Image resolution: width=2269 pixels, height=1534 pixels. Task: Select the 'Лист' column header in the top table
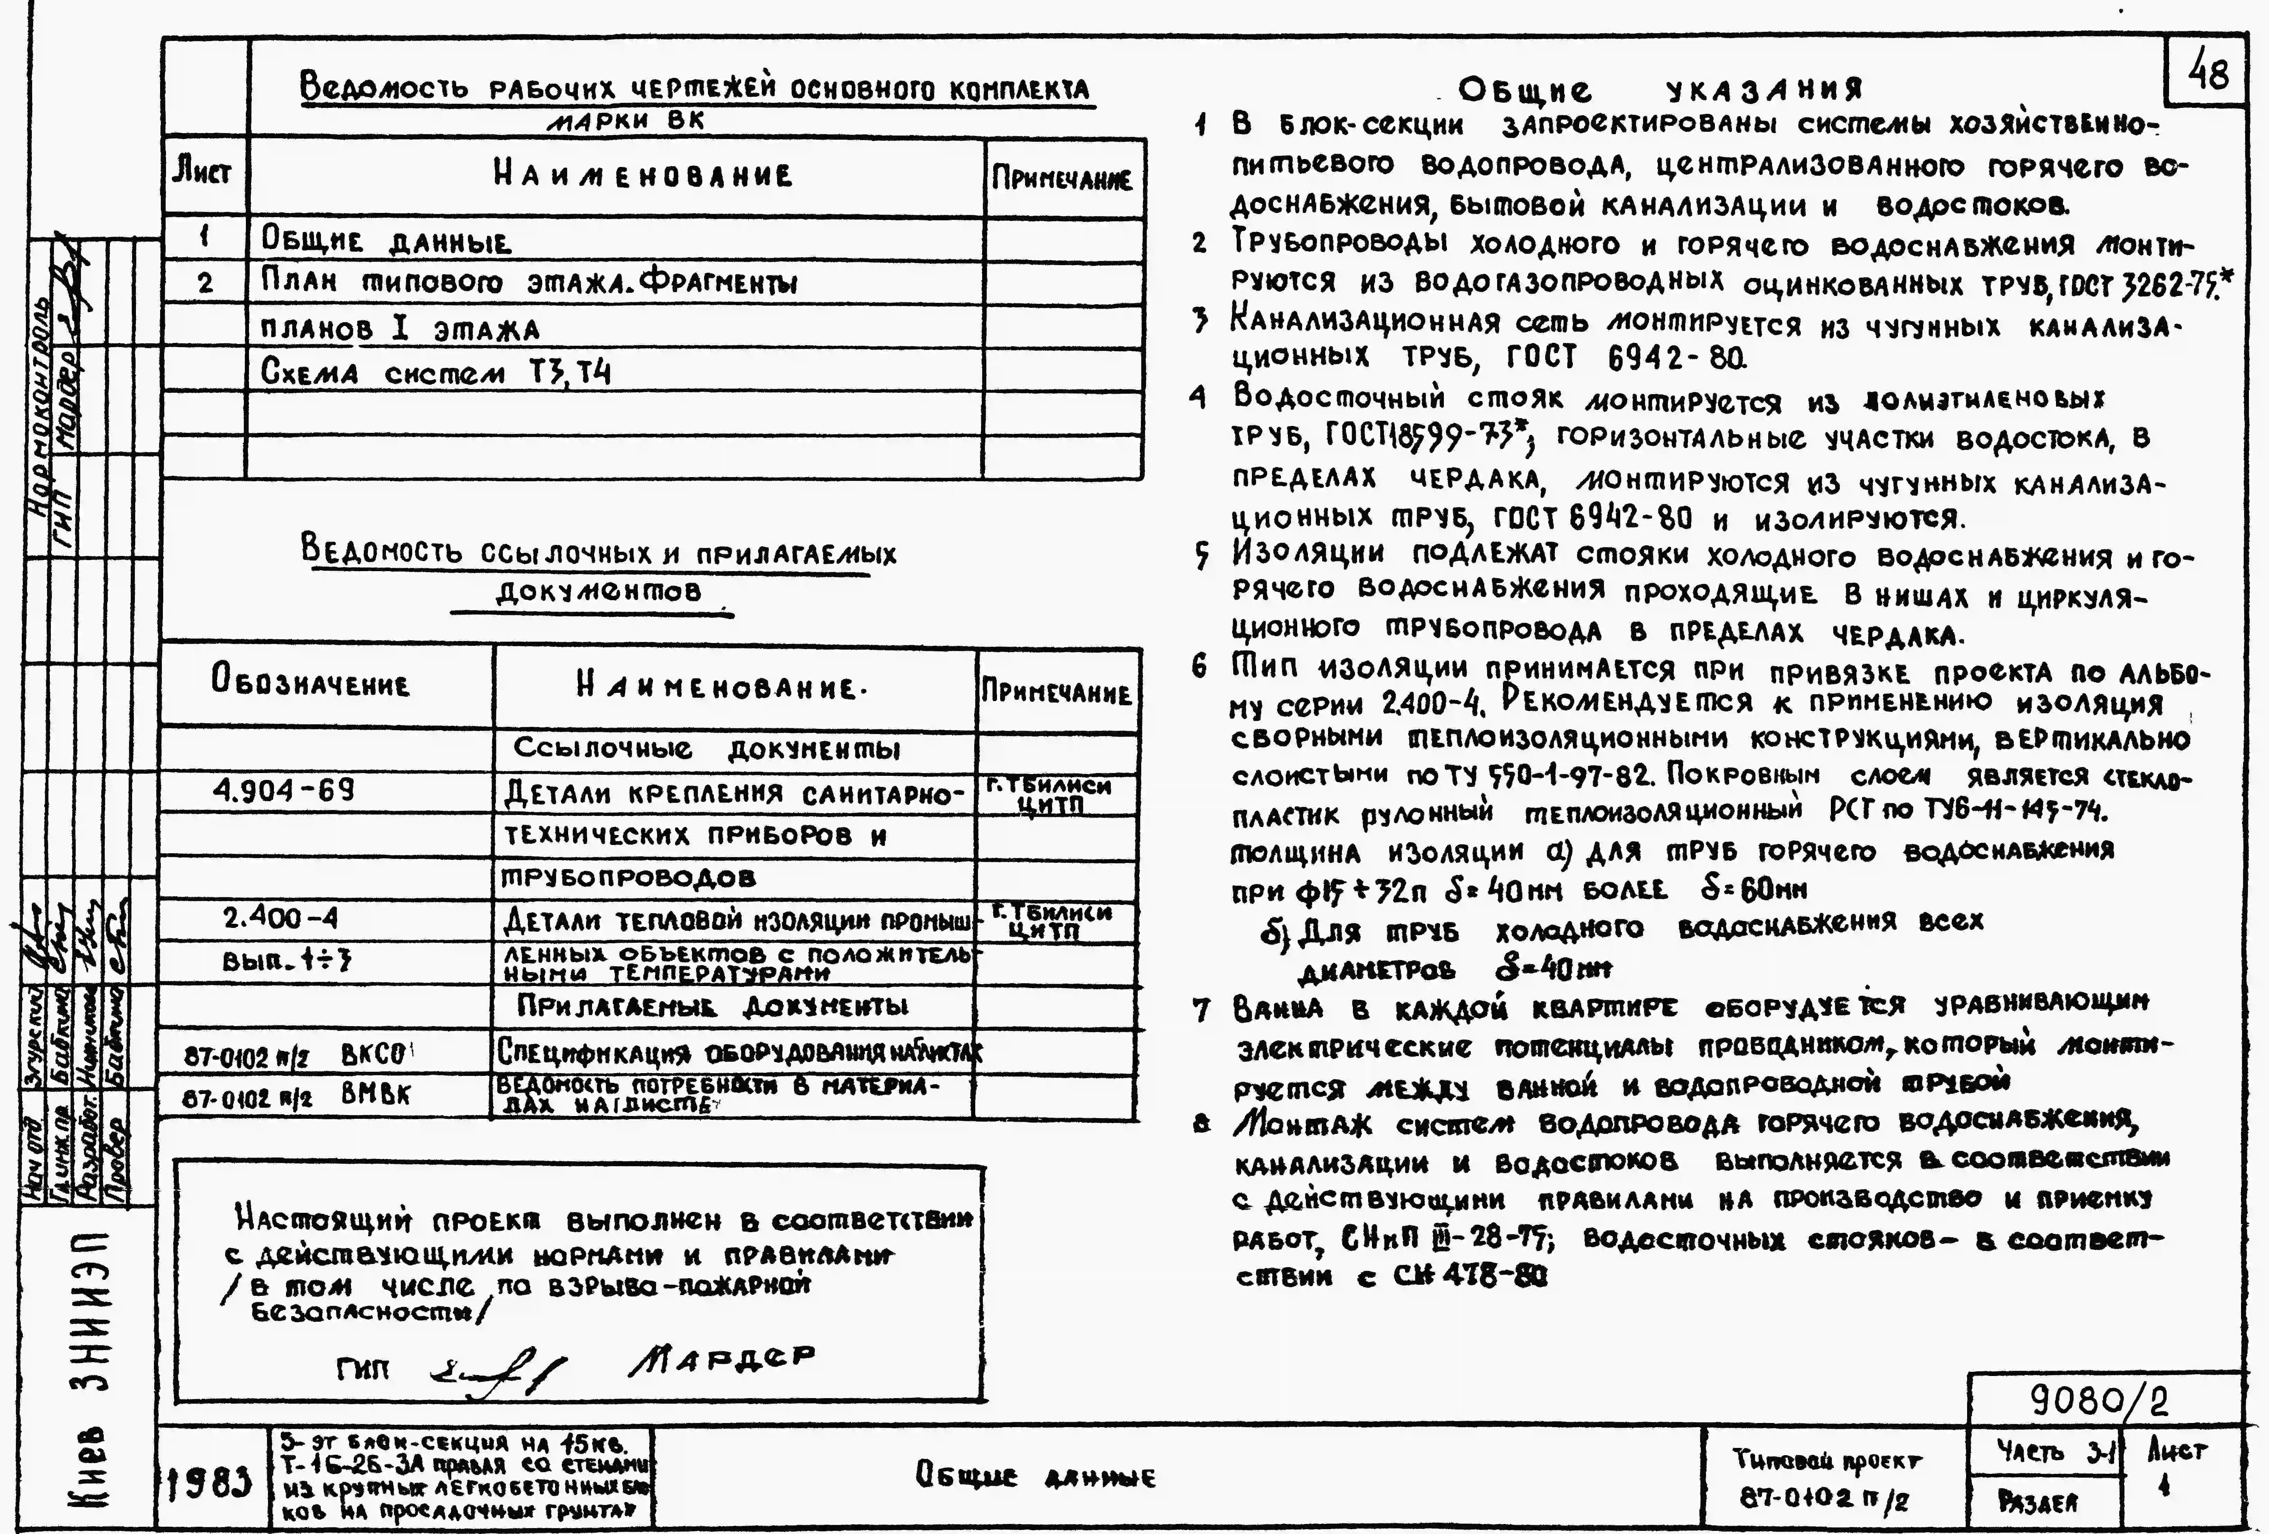(202, 175)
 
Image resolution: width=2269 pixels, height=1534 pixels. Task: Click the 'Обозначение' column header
(311, 683)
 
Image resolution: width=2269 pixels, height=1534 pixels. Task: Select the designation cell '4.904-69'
(283, 790)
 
